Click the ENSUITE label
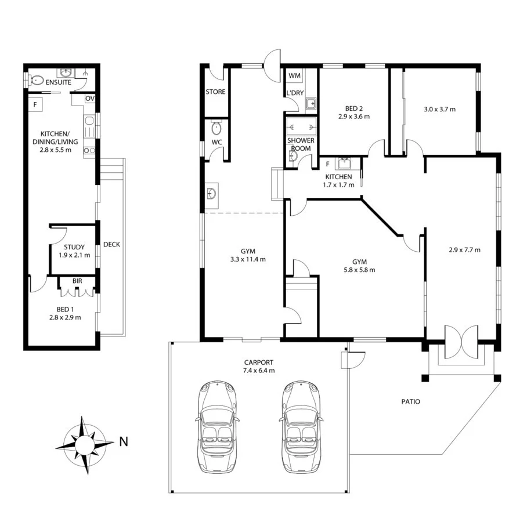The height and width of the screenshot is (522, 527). pos(59,82)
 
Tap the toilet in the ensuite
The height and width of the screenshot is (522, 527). pos(37,81)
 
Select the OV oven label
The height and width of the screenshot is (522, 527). pos(90,99)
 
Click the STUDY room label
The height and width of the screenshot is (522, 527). pos(74,247)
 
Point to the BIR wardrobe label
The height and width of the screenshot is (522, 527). pos(77,281)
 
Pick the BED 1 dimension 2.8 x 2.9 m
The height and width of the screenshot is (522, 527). pos(65,317)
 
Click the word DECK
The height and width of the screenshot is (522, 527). pos(111,245)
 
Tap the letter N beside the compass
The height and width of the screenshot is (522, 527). pos(124,441)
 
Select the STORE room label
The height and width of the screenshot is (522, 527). pos(215,92)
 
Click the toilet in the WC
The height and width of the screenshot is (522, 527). pos(217,127)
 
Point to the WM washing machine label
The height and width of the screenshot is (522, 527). pos(294,75)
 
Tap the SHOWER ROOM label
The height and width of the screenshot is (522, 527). pos(301,144)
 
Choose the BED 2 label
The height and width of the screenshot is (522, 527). pos(354,108)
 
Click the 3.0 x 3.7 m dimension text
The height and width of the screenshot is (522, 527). pos(439,109)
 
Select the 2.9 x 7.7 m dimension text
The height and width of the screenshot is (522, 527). pos(464,250)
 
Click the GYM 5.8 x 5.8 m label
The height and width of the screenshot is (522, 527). pos(359,266)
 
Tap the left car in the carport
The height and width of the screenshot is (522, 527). pos(217,427)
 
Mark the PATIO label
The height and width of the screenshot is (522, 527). pos(411,401)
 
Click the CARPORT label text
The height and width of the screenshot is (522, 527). pos(259,362)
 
